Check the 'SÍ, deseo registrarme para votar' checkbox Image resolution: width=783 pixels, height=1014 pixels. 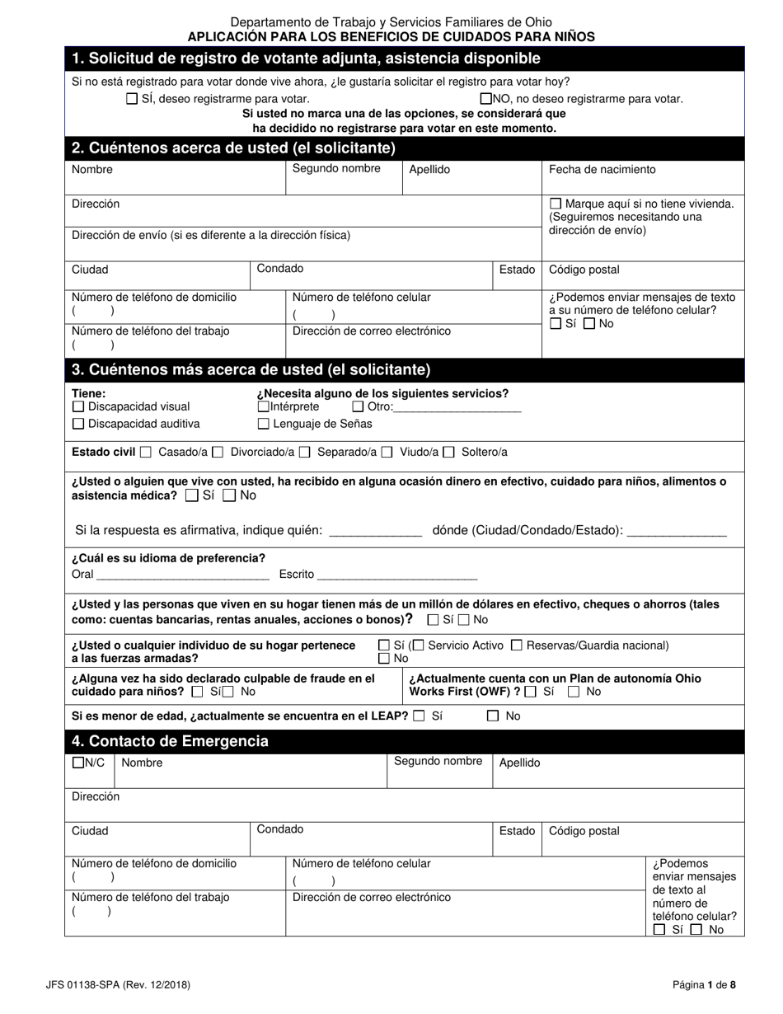(132, 99)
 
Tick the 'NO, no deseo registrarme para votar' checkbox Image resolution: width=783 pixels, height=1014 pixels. (485, 99)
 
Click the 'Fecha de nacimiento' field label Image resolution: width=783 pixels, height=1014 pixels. (602, 170)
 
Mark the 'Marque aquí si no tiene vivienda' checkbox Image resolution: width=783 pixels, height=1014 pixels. (556, 204)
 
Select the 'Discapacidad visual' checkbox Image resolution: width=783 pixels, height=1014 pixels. (78, 406)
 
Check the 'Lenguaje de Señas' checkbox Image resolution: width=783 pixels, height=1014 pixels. (264, 424)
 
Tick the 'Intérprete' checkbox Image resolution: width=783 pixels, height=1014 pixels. (263, 406)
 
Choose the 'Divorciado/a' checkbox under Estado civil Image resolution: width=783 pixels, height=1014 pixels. (218, 452)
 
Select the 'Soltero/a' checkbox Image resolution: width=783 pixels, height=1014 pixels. (449, 452)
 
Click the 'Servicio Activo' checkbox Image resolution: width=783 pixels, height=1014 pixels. (419, 645)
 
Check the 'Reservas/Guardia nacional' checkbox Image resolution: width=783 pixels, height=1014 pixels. (517, 645)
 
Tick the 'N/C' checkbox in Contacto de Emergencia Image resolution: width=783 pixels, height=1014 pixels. (78, 763)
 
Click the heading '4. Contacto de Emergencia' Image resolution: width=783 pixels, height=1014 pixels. (170, 741)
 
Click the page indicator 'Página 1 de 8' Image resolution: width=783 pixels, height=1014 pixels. (704, 984)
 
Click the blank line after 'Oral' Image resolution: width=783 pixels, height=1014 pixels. (183, 575)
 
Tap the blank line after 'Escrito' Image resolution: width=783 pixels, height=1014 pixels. (397, 575)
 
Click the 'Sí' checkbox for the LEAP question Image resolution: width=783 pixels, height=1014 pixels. (420, 716)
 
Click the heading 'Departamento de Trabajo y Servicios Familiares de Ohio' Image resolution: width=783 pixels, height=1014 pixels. (391, 22)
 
